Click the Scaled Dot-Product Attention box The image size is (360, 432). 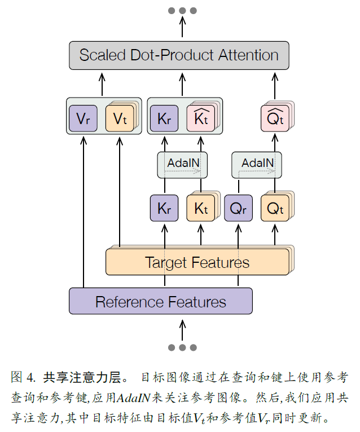(x=179, y=55)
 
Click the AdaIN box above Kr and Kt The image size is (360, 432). (x=182, y=164)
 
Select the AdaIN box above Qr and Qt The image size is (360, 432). (x=257, y=164)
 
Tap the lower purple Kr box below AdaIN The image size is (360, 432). (x=164, y=208)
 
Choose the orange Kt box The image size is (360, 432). (x=200, y=208)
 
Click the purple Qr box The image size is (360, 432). (x=238, y=208)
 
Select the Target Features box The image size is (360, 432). (x=197, y=262)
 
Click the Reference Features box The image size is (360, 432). (x=160, y=301)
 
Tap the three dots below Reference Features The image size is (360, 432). (x=182, y=347)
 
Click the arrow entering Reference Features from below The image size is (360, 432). (x=182, y=328)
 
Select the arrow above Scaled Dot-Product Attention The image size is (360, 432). (x=182, y=28)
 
